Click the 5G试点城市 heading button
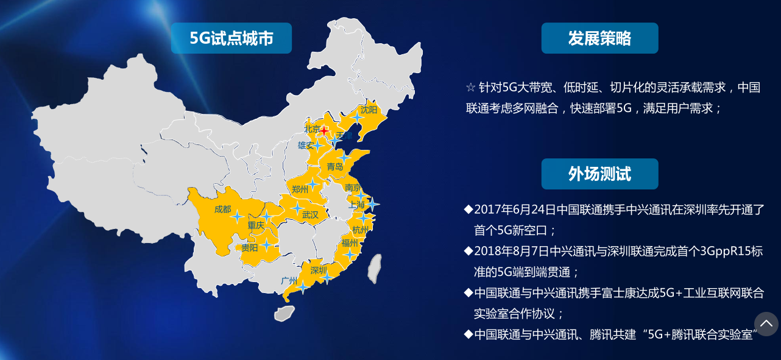pyautogui.click(x=231, y=38)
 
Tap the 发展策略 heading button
pyautogui.click(x=599, y=38)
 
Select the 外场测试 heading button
pyautogui.click(x=599, y=174)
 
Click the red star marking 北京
pyautogui.click(x=325, y=130)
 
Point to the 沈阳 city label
pyautogui.click(x=369, y=110)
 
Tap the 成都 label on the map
pyautogui.click(x=222, y=210)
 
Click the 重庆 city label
pyautogui.click(x=256, y=225)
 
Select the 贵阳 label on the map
pyautogui.click(x=249, y=248)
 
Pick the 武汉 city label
pyautogui.click(x=310, y=215)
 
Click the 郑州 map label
pyautogui.click(x=300, y=189)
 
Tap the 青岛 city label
pyautogui.click(x=335, y=167)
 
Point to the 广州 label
pyautogui.click(x=289, y=281)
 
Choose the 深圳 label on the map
pyautogui.click(x=319, y=270)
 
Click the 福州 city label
pyautogui.click(x=350, y=243)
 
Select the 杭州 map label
pyautogui.click(x=360, y=230)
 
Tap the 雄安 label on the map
pyautogui.click(x=306, y=145)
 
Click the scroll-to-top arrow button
pyautogui.click(x=766, y=324)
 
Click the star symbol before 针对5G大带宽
pyautogui.click(x=470, y=88)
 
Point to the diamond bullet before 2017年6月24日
pyautogui.click(x=468, y=210)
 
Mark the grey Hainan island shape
pyautogui.click(x=284, y=313)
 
